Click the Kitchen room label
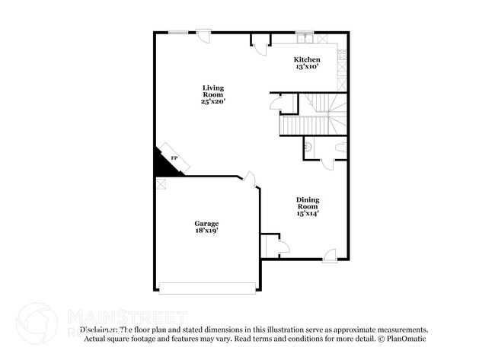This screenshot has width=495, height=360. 307,59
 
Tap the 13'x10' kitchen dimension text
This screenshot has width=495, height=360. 307,67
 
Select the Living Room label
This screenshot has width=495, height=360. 213,91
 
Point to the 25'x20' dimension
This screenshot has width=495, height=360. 213,100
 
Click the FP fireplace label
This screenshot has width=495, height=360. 174,158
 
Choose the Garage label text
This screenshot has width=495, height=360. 206,223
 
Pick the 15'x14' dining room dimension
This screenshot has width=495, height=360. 308,213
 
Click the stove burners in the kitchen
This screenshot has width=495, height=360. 343,55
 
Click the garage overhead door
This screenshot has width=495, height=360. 208,288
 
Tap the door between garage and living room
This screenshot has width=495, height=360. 248,180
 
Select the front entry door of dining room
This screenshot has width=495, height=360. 330,256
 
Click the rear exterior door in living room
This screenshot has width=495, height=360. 203,34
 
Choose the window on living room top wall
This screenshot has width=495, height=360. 178,32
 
